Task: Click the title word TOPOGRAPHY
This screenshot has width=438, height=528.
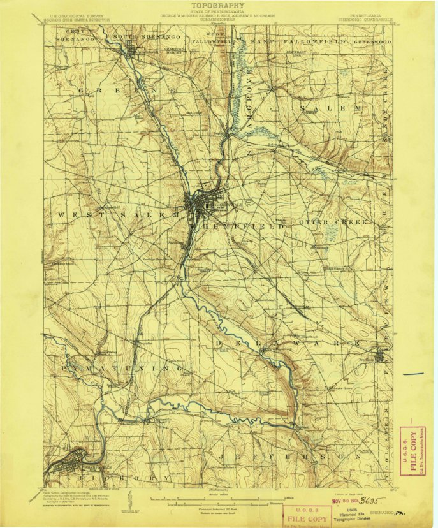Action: (219, 5)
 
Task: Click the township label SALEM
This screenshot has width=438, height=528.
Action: (332, 108)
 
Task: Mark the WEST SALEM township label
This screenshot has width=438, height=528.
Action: (118, 216)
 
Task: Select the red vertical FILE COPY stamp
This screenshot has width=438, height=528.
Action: (411, 451)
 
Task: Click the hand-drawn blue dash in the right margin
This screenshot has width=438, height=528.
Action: (414, 374)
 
